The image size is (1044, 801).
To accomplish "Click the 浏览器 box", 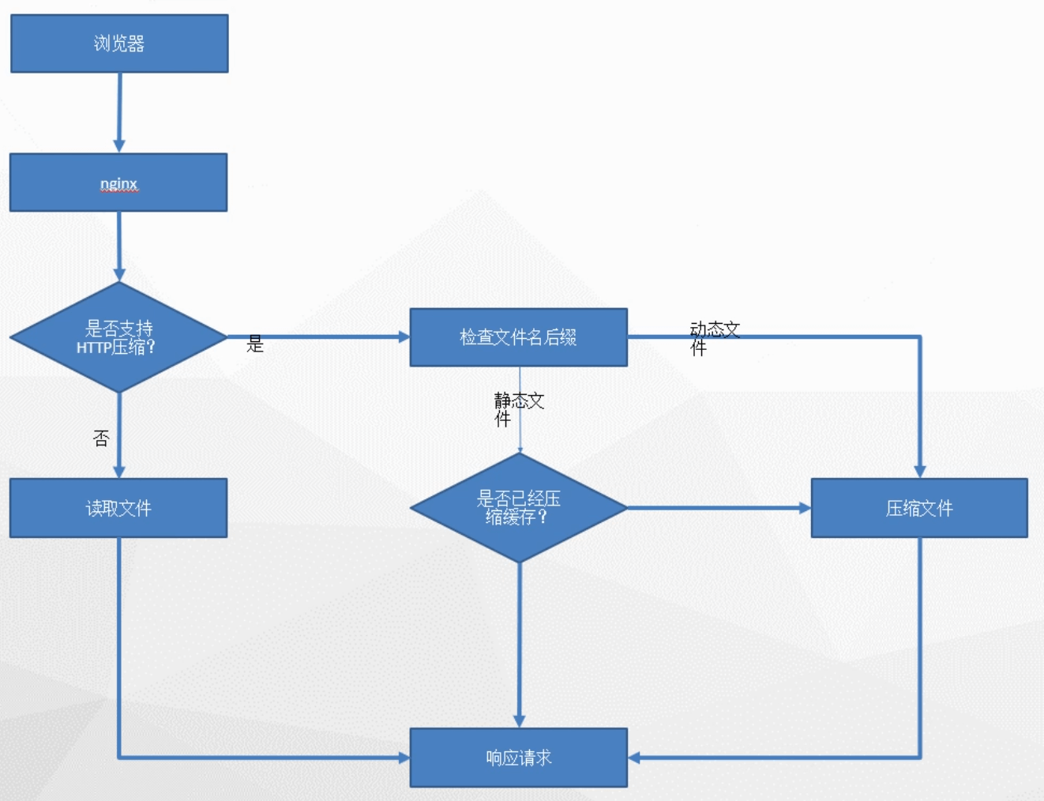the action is (x=119, y=43).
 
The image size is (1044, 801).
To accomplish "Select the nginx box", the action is (x=118, y=182).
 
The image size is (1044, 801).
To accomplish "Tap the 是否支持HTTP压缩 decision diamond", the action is (x=118, y=337).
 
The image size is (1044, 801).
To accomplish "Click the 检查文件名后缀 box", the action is (x=518, y=337).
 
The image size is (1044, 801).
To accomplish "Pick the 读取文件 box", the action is (x=118, y=508).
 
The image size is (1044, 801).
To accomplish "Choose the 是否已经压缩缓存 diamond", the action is (x=519, y=508).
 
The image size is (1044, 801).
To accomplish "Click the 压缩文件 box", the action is (x=919, y=508).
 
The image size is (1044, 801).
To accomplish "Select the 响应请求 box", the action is (x=519, y=758).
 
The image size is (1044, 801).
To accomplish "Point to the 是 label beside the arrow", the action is (x=255, y=344).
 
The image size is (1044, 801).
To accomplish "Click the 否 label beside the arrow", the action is (x=101, y=438).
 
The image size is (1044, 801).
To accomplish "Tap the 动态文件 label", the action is (x=715, y=339).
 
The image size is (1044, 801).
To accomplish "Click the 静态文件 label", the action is (x=519, y=409).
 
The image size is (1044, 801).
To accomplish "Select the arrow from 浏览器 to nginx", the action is (x=119, y=113).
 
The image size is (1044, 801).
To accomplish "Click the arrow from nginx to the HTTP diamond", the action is (x=119, y=246).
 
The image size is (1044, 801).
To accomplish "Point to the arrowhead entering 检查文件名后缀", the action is (x=404, y=337).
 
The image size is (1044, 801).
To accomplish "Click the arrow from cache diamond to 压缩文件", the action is (x=719, y=508).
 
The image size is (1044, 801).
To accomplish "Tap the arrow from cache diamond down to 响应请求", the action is (x=520, y=645).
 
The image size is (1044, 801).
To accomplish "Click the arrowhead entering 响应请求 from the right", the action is (x=633, y=758).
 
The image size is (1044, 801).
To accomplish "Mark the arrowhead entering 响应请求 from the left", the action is (x=404, y=758).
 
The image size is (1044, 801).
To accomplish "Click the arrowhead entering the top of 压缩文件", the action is (x=919, y=472).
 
